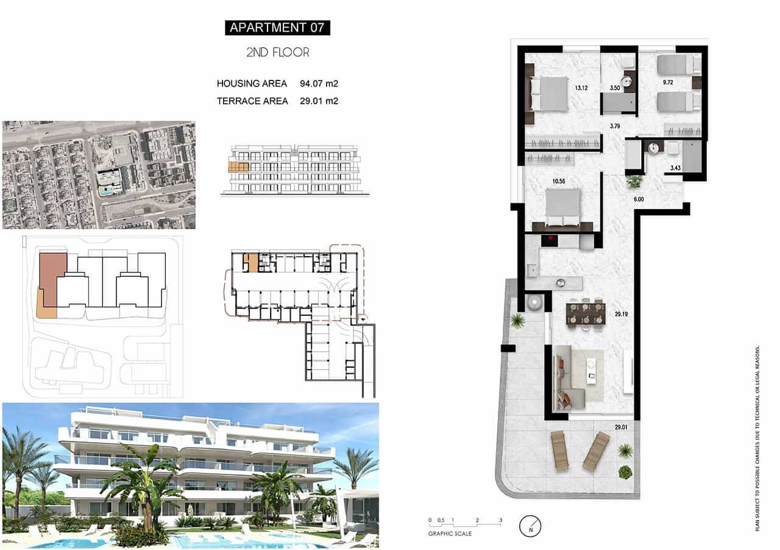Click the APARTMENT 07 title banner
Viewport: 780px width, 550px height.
(x=277, y=27)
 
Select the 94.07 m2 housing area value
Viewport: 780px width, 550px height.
(x=319, y=84)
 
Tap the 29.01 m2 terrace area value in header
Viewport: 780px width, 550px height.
(x=319, y=101)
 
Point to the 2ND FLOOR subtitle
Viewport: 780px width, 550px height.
(x=277, y=52)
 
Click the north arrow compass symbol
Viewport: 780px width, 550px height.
(x=530, y=525)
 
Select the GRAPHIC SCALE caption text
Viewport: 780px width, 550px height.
(x=450, y=534)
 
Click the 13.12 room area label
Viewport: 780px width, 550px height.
(x=581, y=87)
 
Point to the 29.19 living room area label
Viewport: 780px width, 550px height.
(x=621, y=315)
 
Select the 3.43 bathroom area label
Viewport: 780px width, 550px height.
(x=675, y=168)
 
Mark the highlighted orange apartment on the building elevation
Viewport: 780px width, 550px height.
(x=238, y=166)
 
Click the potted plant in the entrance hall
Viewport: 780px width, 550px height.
(x=634, y=181)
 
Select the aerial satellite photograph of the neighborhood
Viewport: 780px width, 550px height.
(x=99, y=175)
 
